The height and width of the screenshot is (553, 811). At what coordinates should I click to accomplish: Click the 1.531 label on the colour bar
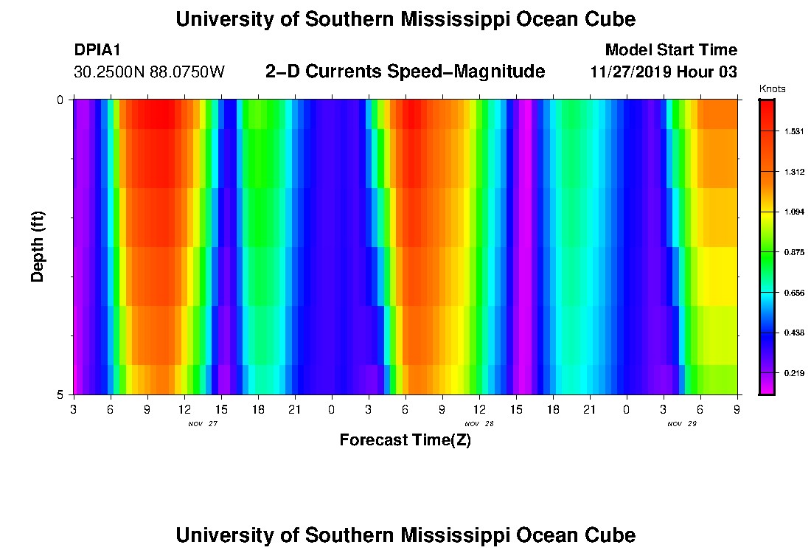click(x=793, y=131)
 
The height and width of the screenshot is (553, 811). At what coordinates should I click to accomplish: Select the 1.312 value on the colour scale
click(x=793, y=172)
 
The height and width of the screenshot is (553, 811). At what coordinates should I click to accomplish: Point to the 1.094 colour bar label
click(x=793, y=212)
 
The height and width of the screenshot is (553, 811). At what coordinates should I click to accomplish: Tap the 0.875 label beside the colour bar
click(x=793, y=252)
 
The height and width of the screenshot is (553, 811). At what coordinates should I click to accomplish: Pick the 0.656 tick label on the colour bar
click(x=793, y=293)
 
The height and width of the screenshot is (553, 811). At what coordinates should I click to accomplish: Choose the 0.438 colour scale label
click(x=793, y=333)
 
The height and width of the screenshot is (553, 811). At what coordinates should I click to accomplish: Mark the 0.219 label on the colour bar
click(x=793, y=373)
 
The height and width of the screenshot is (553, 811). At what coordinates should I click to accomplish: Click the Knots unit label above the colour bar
click(x=772, y=89)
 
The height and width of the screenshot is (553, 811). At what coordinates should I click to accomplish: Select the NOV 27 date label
click(x=203, y=424)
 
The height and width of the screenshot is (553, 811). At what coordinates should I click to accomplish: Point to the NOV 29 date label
click(x=682, y=424)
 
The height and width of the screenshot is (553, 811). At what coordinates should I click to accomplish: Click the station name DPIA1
click(x=97, y=50)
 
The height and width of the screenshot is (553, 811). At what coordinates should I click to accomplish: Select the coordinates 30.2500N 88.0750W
click(x=149, y=72)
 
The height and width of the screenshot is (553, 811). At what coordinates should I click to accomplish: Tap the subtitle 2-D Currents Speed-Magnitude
click(x=405, y=72)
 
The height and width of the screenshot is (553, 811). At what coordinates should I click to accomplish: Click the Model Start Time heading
click(x=670, y=50)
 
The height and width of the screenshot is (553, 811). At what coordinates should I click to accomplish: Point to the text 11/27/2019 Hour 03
click(x=664, y=72)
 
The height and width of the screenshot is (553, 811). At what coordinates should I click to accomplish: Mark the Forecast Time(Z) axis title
click(x=405, y=440)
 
